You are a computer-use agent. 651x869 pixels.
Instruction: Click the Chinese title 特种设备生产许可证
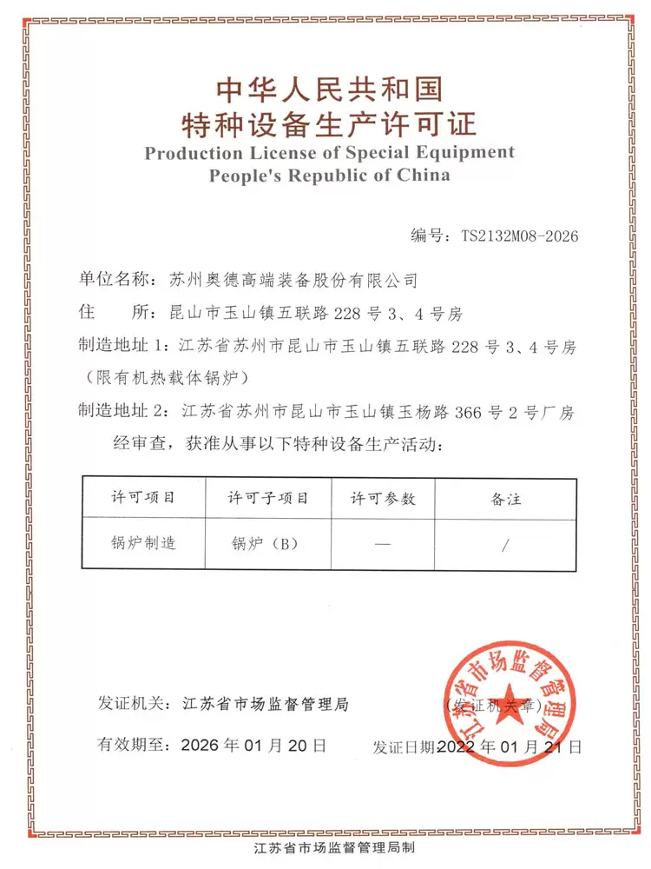pyautogui.click(x=329, y=125)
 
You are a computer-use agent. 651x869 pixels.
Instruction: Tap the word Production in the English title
pyautogui.click(x=194, y=153)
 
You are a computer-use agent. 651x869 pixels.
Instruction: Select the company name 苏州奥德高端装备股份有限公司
pyautogui.click(x=293, y=281)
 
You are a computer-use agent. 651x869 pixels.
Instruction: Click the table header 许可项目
pyautogui.click(x=143, y=498)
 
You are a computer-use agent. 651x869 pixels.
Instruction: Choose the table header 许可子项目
pyautogui.click(x=268, y=498)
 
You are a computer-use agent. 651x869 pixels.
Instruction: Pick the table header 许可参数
pyautogui.click(x=383, y=498)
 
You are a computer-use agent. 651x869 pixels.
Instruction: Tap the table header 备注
pyautogui.click(x=505, y=498)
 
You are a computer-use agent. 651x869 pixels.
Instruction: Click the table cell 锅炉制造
pyautogui.click(x=143, y=544)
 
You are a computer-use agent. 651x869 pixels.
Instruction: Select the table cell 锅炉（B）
pyautogui.click(x=265, y=545)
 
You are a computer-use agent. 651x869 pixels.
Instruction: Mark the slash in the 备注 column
pyautogui.click(x=505, y=545)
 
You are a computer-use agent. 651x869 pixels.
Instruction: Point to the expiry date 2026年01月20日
pyautogui.click(x=253, y=746)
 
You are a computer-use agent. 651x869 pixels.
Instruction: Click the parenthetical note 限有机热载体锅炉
pyautogui.click(x=168, y=377)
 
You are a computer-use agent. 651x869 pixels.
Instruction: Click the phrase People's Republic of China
pyautogui.click(x=329, y=175)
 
